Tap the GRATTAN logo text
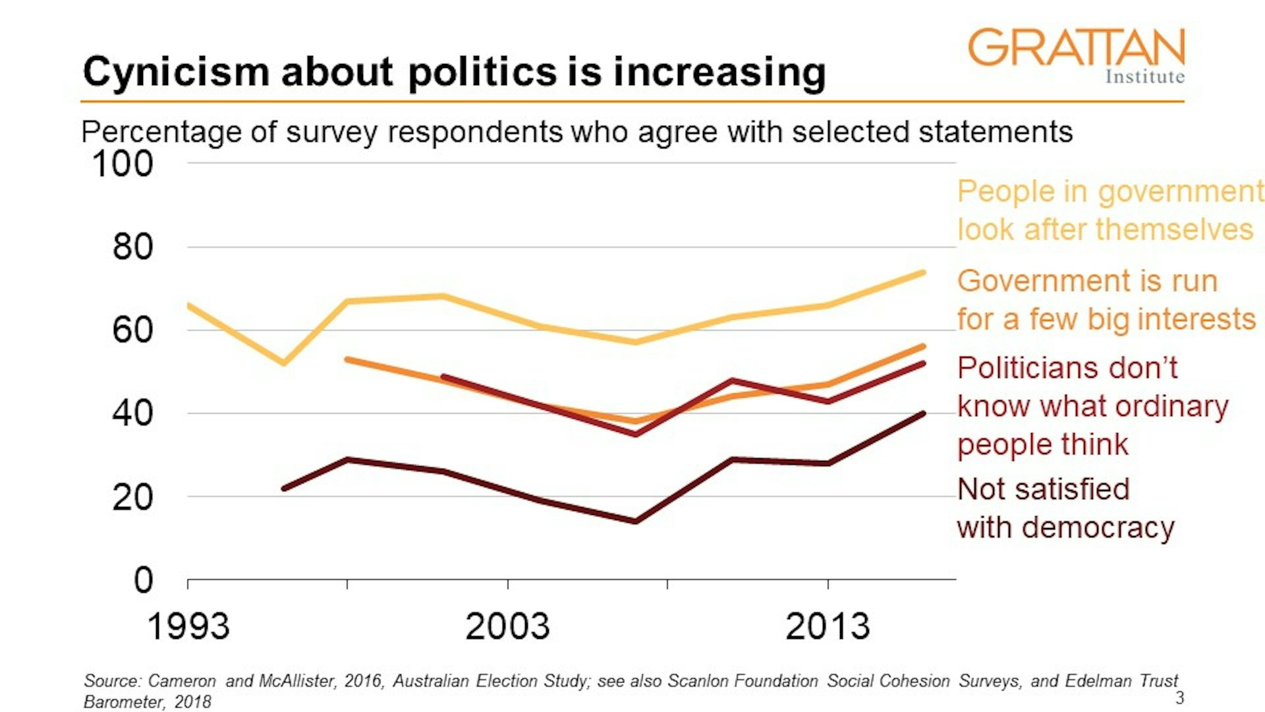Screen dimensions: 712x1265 pos(1076,47)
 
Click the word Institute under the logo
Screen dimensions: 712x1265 pos(1144,76)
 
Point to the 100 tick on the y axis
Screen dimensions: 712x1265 pos(123,163)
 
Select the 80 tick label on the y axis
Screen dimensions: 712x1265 pos(132,247)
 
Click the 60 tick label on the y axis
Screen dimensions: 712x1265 pos(132,330)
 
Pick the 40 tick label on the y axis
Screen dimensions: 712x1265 pos(132,413)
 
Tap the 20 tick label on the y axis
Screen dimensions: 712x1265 pos(132,497)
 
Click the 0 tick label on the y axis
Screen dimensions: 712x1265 pos(143,580)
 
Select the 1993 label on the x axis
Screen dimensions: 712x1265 pos(188,626)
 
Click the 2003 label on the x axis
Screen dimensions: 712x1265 pos(507,626)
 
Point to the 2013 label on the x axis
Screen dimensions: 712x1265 pos(828,626)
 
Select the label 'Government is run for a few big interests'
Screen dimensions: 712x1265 pos(1106,300)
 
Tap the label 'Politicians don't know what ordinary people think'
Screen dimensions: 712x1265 pos(1092,406)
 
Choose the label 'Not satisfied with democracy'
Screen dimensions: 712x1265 pos(1065,508)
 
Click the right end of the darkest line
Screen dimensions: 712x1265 pos(923,414)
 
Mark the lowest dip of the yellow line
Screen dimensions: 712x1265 pos(284,363)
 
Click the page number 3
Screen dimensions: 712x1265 pos(1179,698)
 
